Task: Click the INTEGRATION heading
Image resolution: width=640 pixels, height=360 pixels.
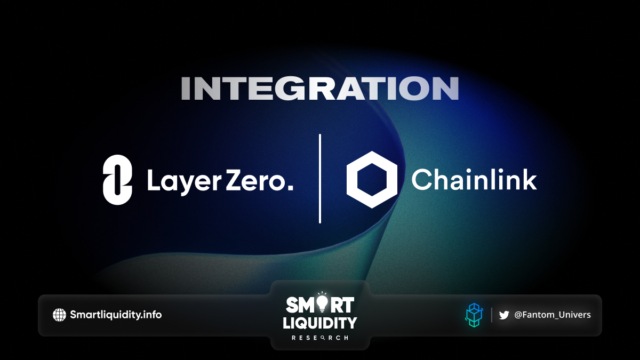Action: point(319,89)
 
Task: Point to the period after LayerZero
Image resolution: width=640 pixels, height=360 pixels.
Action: point(290,187)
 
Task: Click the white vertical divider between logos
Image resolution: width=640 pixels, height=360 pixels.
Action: point(319,179)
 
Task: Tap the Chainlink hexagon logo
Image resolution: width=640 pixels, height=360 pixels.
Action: point(372,179)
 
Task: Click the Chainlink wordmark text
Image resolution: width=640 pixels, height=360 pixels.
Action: point(474,179)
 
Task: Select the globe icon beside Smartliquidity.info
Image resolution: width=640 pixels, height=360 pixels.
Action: point(59,315)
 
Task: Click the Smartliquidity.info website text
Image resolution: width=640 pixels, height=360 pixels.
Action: point(116,315)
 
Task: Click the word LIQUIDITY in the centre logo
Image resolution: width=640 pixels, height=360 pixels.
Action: point(319,323)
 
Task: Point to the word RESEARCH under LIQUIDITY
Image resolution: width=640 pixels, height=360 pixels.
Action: point(319,338)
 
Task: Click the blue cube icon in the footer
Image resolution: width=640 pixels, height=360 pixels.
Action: point(474,315)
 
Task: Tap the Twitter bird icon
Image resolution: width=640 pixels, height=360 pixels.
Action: point(504,315)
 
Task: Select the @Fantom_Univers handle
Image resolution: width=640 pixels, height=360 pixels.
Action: point(553,315)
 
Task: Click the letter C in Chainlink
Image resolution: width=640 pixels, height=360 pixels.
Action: point(421,179)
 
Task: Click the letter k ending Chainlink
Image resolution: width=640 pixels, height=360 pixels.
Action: point(529,179)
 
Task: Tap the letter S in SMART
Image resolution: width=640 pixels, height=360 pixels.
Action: point(292,305)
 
